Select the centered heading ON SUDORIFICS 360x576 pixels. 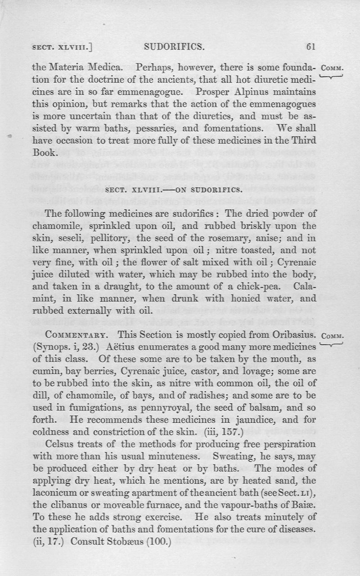click(x=203, y=189)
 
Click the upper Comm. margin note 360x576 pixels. click(x=332, y=69)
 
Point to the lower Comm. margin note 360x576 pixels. click(x=332, y=335)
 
